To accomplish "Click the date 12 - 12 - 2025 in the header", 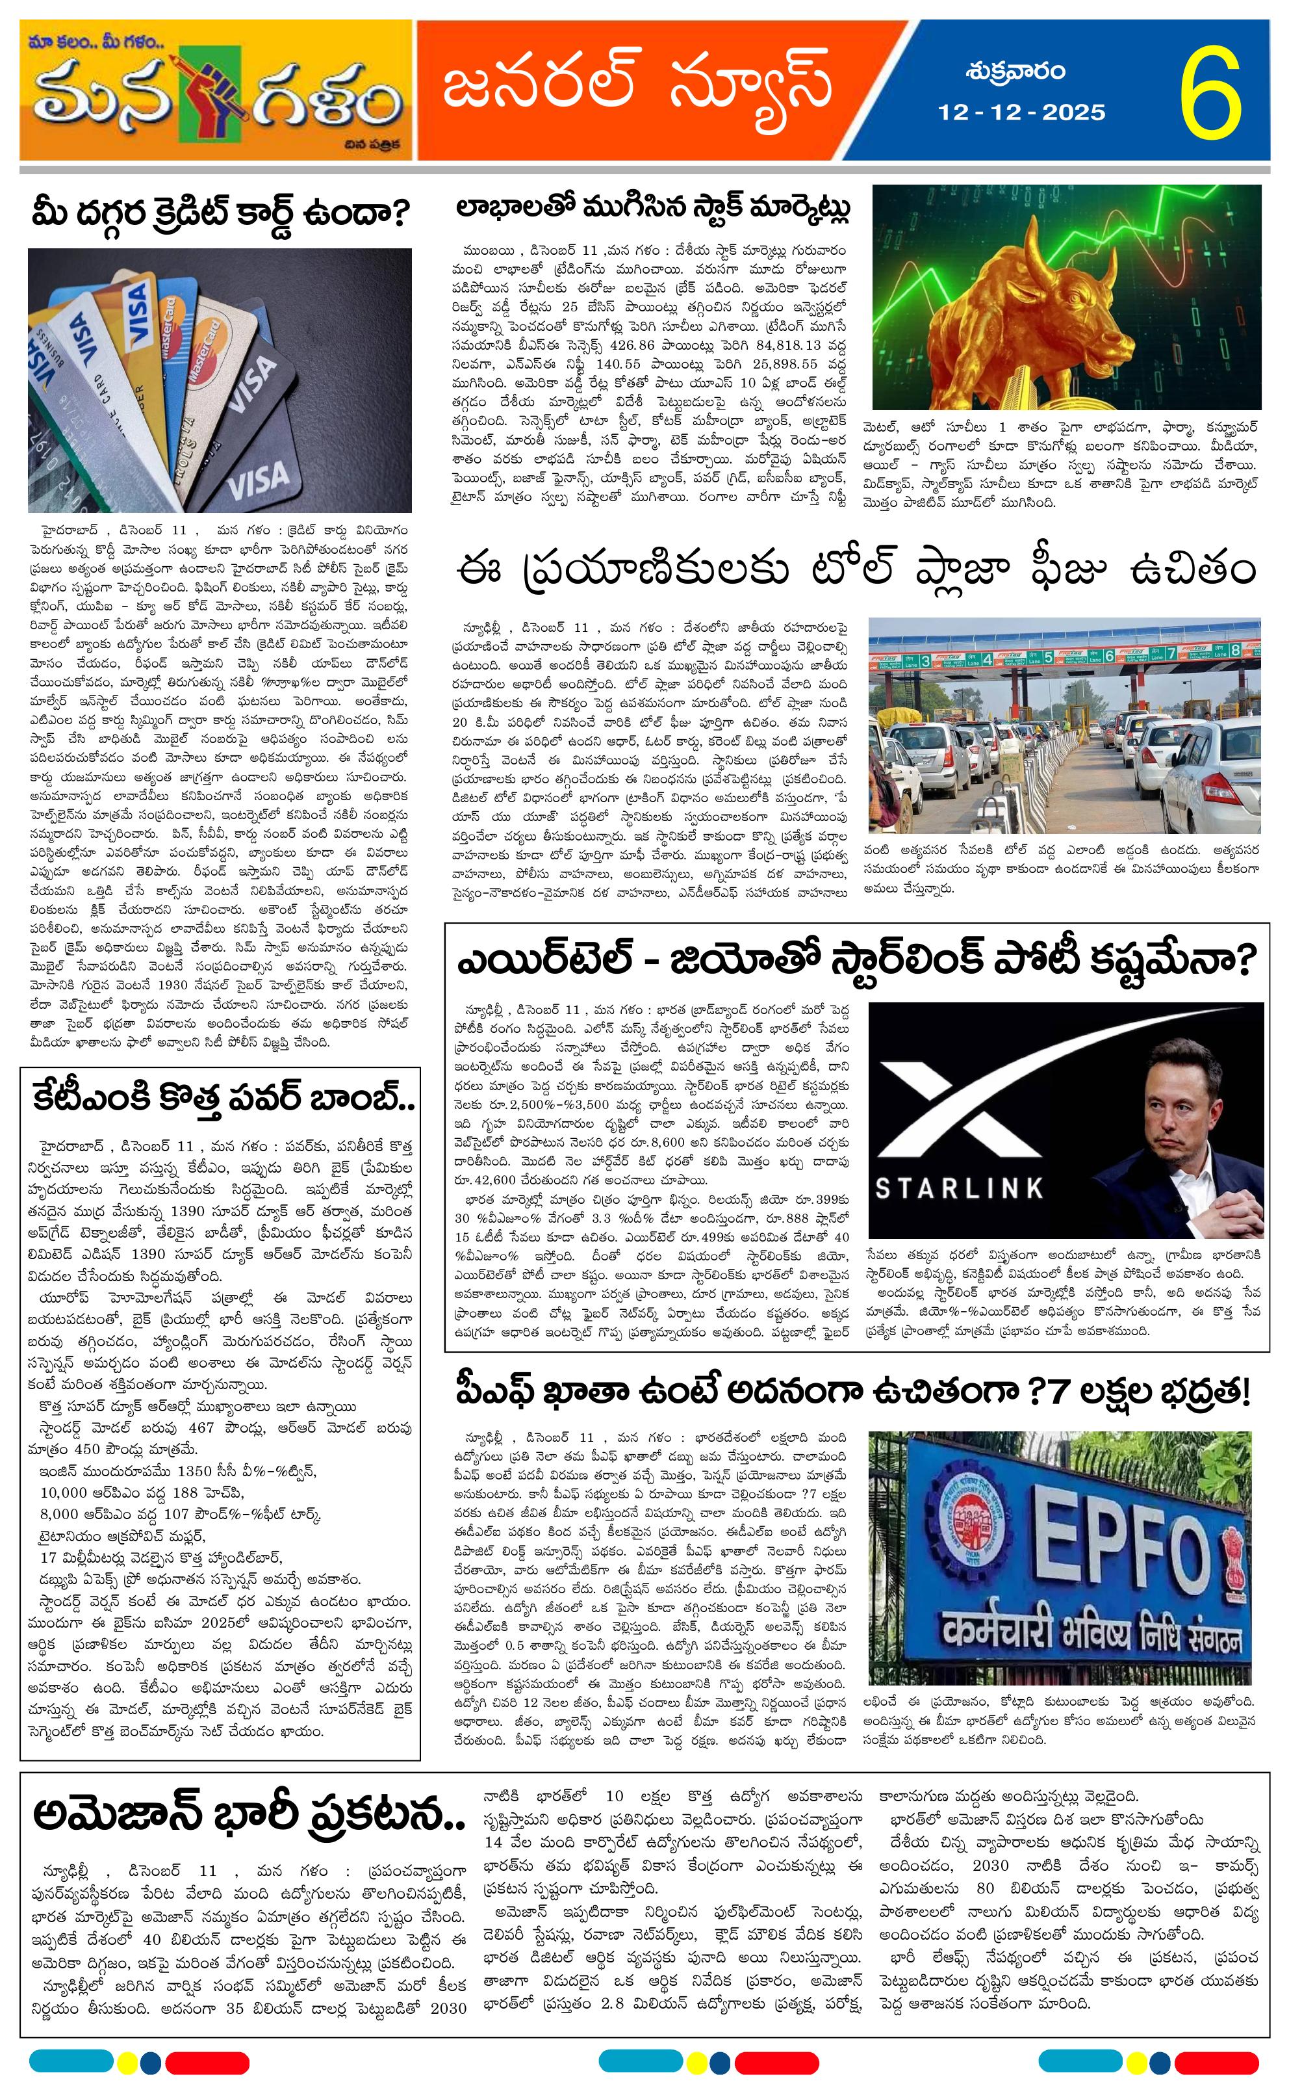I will (x=1021, y=112).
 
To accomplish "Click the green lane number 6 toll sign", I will (x=1109, y=656).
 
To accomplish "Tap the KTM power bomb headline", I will (x=224, y=1096).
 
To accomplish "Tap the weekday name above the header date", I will (x=1015, y=71).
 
